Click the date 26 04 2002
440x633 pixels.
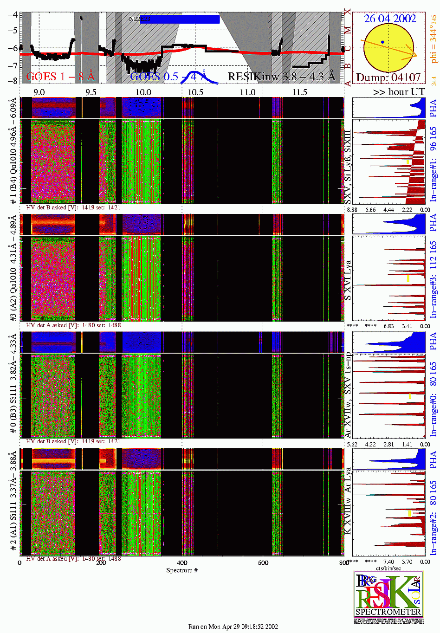[390, 19]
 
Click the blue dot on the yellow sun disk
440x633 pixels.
[382, 42]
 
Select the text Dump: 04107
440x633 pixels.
[388, 78]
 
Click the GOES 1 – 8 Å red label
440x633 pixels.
[60, 77]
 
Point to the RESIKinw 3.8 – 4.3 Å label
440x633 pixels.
[281, 77]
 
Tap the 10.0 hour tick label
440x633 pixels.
[143, 92]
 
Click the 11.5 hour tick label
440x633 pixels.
[299, 92]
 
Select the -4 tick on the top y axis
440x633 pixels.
[13, 14]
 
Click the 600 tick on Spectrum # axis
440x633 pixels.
[263, 562]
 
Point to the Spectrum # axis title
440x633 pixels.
[182, 570]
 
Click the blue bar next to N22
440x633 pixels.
[180, 19]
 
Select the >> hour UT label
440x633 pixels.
[399, 92]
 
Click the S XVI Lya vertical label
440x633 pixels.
[348, 280]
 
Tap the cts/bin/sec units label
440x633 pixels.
[388, 568]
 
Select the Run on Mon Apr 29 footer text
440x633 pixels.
[233, 627]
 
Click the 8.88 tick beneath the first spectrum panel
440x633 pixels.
[353, 210]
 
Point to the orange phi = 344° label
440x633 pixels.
[434, 41]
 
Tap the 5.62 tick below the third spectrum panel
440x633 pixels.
[353, 444]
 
